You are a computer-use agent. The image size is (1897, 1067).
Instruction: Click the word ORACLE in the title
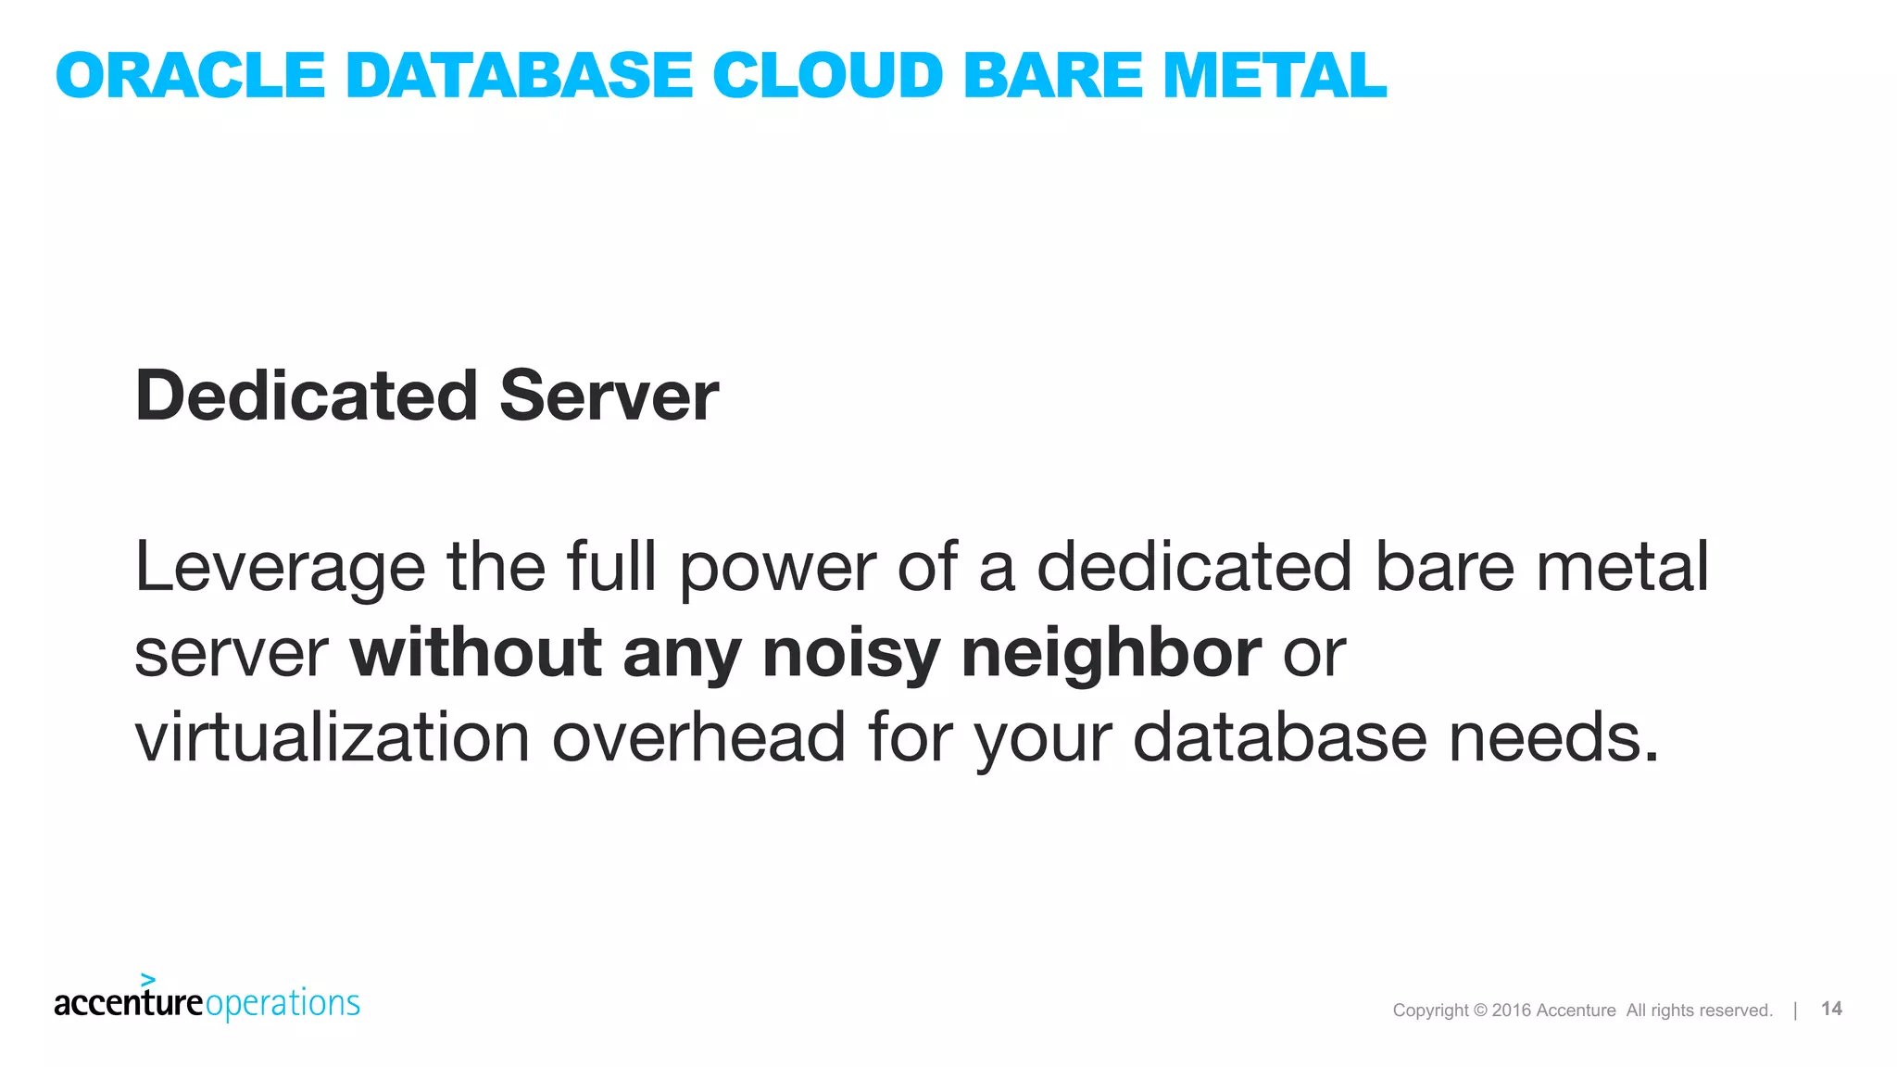[x=190, y=75]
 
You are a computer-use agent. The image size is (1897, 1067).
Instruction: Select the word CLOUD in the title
[x=828, y=75]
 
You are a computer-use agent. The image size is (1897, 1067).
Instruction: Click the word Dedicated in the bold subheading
[x=307, y=395]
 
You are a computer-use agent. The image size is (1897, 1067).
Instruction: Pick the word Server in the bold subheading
[x=609, y=395]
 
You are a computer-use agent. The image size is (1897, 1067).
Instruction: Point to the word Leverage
[x=280, y=568]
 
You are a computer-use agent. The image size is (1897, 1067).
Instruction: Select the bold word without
[x=475, y=652]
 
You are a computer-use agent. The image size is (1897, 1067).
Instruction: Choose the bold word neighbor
[x=1111, y=654]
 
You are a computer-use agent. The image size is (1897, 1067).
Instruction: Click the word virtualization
[x=333, y=737]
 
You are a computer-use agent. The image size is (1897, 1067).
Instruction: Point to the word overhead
[x=698, y=737]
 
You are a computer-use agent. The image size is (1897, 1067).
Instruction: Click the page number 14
[x=1831, y=1009]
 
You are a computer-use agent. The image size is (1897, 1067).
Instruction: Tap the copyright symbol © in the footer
[x=1479, y=1011]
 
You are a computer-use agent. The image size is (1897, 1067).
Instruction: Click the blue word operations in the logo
[x=283, y=1004]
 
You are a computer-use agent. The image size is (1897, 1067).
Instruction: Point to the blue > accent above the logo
[x=148, y=979]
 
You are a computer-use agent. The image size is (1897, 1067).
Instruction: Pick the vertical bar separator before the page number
[x=1795, y=1010]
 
